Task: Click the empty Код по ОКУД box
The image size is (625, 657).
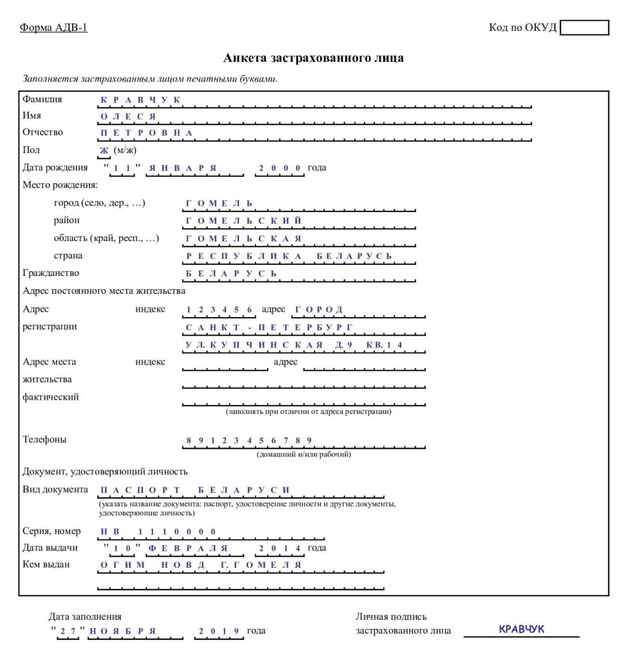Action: [584, 27]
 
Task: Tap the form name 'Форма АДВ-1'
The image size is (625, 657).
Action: [55, 27]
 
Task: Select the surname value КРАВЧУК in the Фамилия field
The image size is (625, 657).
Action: [140, 100]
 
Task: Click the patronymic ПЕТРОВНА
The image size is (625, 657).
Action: [146, 132]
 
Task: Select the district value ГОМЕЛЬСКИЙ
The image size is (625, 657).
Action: [244, 221]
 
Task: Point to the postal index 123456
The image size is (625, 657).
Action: [220, 310]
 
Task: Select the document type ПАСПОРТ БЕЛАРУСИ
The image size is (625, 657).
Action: [196, 489]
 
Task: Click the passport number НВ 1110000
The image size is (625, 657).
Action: [159, 532]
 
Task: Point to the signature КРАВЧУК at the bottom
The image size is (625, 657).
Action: [521, 627]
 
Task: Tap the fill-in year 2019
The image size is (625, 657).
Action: [218, 631]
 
